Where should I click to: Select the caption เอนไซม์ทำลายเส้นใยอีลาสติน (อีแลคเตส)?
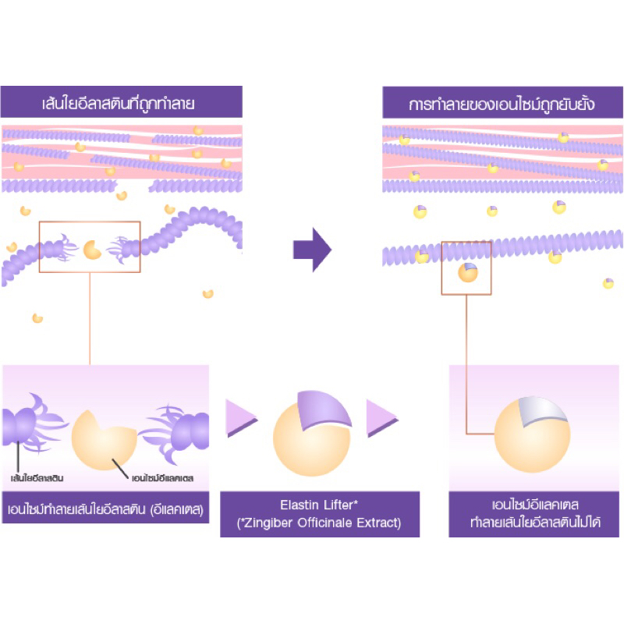105,510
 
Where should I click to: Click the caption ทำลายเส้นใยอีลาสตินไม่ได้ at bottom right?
534,523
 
